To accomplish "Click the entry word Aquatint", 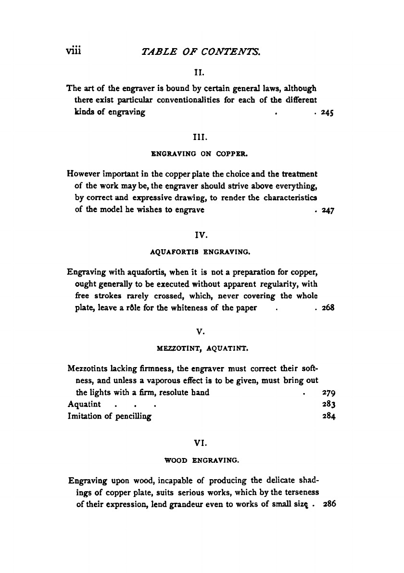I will (84, 404).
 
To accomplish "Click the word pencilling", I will (131, 417).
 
